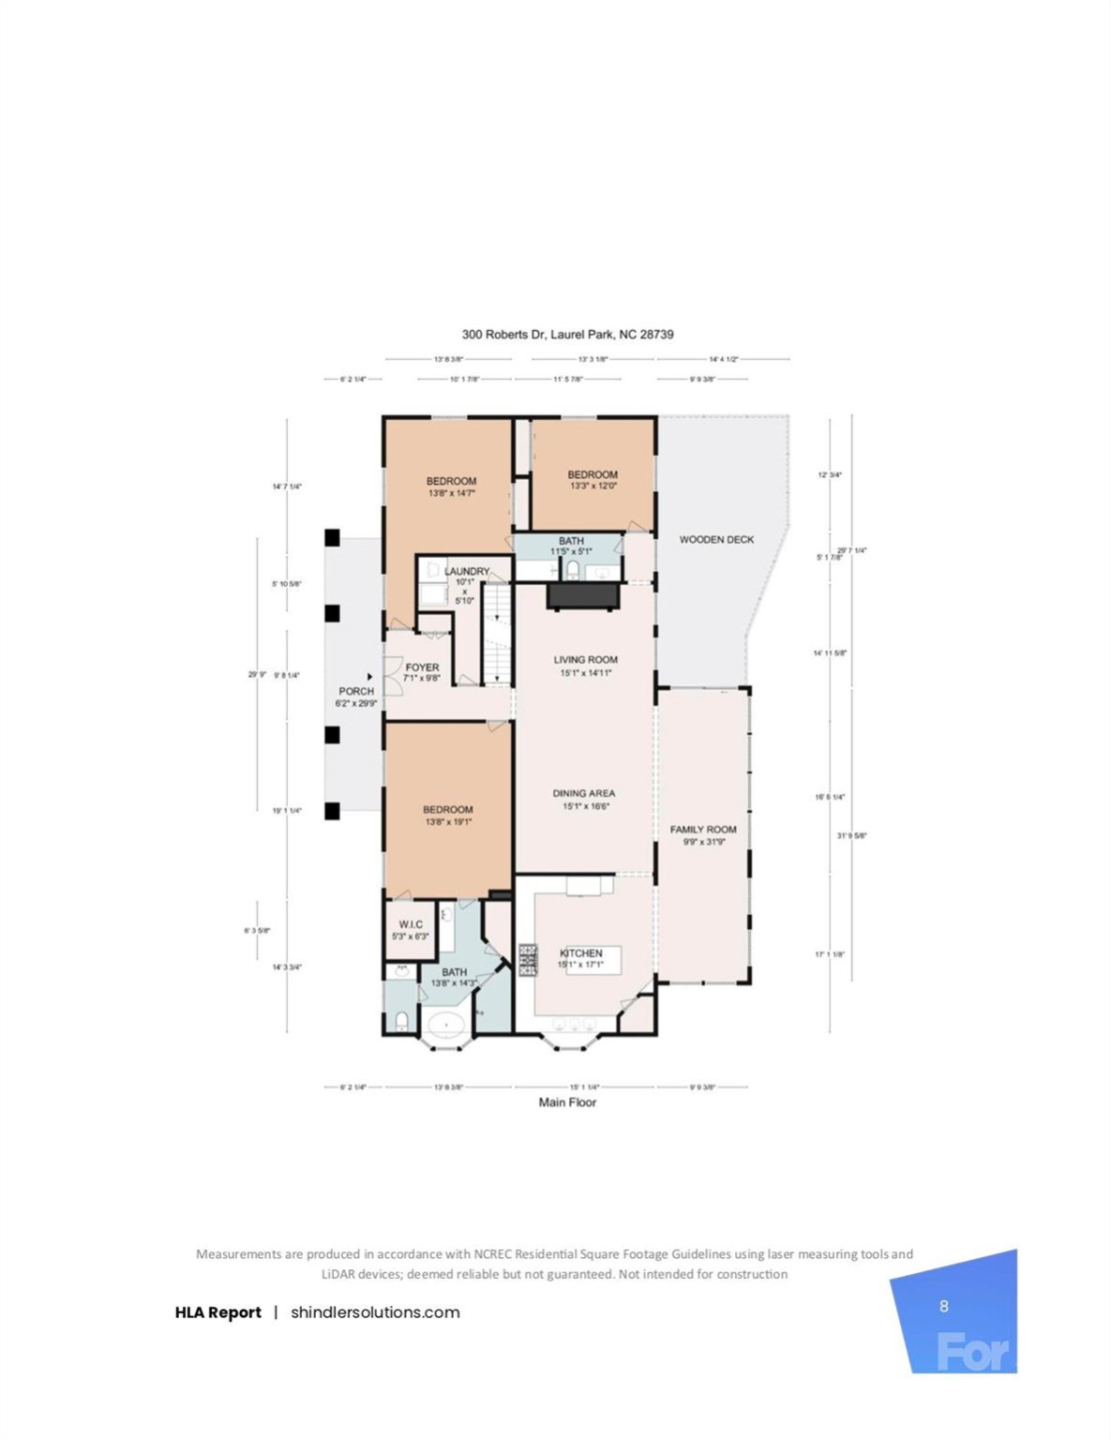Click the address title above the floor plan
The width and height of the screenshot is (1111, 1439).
(x=567, y=335)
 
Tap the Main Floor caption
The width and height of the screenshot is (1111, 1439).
(x=567, y=1102)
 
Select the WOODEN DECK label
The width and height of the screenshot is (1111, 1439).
(x=716, y=540)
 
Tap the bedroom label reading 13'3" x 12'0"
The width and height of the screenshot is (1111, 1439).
(x=592, y=481)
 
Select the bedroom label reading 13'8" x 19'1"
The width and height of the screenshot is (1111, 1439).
(x=448, y=815)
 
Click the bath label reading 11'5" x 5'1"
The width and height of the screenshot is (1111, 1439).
(x=571, y=546)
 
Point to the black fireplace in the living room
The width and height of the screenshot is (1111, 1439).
(x=583, y=597)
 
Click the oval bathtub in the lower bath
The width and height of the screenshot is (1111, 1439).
(x=447, y=1024)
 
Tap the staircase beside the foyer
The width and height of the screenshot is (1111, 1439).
(x=498, y=634)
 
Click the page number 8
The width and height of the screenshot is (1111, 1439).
(x=944, y=1306)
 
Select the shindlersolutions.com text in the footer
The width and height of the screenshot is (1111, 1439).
(x=375, y=1312)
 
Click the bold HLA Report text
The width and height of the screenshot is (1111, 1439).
(x=218, y=1312)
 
